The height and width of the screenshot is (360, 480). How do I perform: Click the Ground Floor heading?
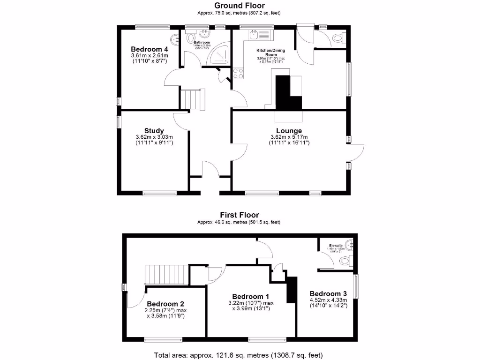coord(240,6)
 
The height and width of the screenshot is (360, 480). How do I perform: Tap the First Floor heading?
coord(240,215)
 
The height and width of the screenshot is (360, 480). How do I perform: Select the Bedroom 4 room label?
coord(149,49)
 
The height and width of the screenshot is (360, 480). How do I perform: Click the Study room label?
coord(154,131)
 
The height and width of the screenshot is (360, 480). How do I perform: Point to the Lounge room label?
coord(289,131)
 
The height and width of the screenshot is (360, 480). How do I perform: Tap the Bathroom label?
coord(202,43)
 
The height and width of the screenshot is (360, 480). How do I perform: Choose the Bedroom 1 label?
coord(251,297)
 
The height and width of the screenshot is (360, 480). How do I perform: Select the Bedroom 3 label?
coord(328,294)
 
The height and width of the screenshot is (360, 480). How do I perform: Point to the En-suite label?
coord(335,245)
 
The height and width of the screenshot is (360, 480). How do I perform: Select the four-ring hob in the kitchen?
coord(238,73)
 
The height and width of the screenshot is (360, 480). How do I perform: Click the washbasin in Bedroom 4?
coord(175,39)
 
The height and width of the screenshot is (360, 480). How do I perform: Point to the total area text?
coord(239,355)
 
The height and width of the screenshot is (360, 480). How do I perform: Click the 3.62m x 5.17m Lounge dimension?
coord(289,137)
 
